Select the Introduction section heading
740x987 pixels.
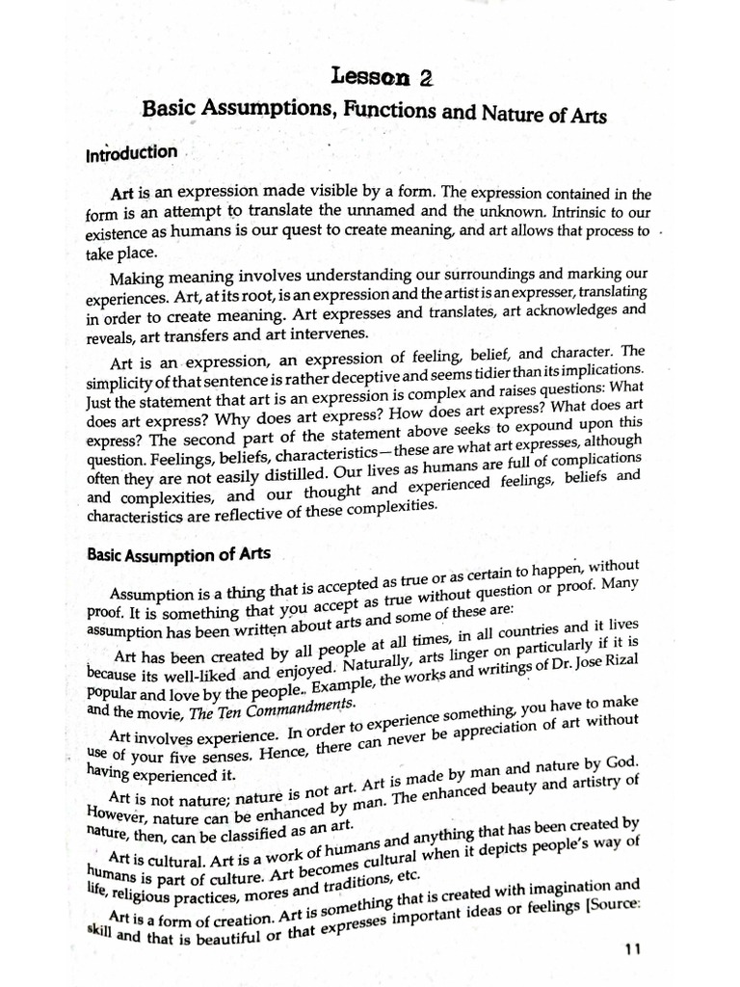click(131, 153)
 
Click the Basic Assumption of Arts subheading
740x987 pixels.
click(179, 555)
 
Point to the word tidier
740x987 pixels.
click(486, 373)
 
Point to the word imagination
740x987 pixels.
click(574, 886)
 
